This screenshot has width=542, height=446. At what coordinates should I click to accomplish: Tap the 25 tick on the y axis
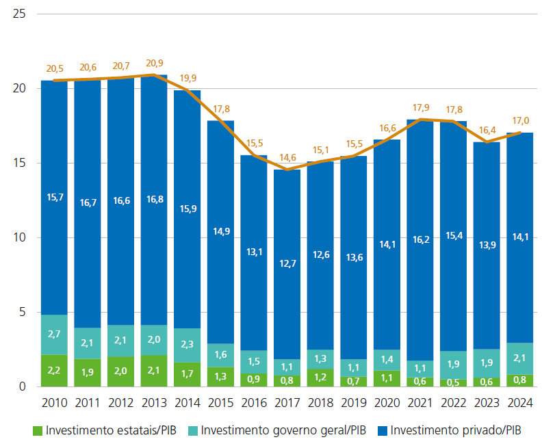click(x=20, y=14)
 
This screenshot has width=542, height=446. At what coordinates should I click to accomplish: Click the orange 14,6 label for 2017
click(x=287, y=157)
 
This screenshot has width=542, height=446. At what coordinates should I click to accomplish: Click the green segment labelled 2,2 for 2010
click(x=54, y=371)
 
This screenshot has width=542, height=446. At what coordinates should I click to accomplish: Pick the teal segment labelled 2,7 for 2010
click(x=54, y=334)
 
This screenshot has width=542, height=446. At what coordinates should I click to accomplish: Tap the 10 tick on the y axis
click(x=20, y=238)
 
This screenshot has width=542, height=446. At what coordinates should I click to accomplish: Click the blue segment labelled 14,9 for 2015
click(x=220, y=232)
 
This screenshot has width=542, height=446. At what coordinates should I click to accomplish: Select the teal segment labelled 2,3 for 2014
click(x=187, y=345)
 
